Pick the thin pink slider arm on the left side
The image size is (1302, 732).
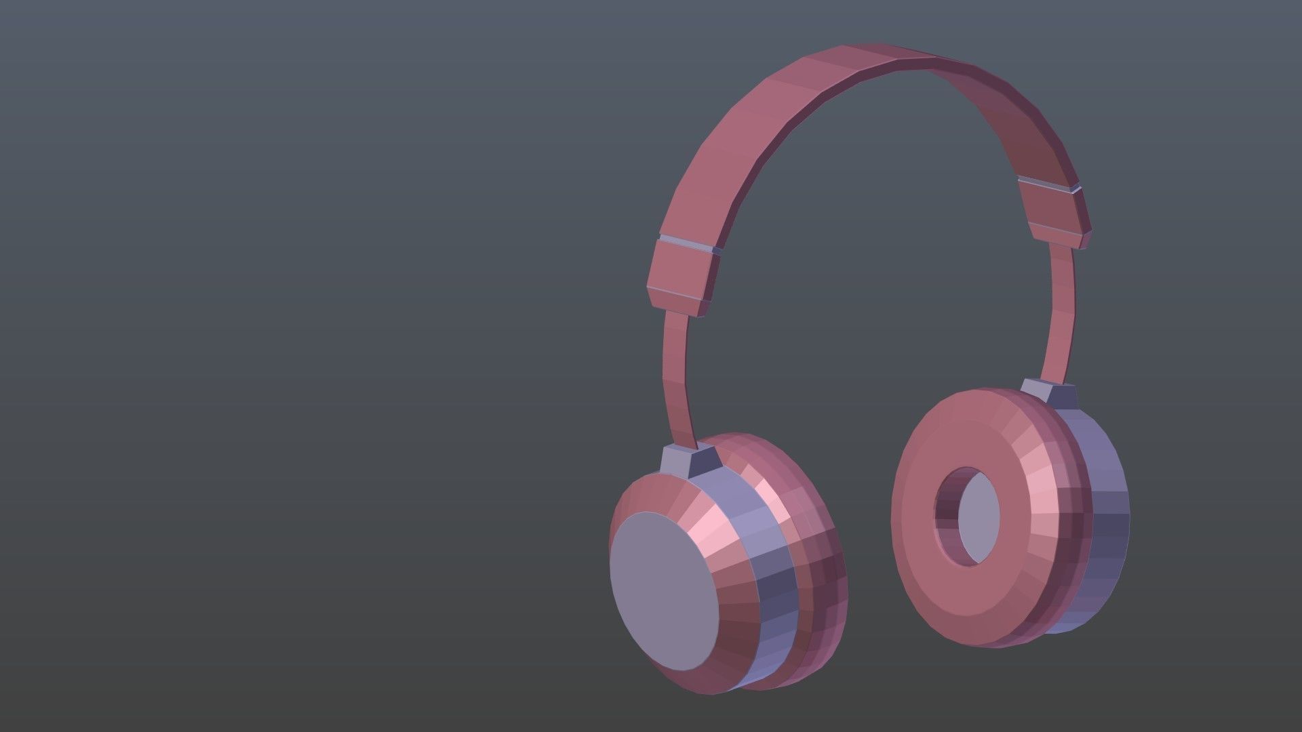click(x=678, y=380)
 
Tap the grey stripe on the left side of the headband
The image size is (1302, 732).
click(x=688, y=244)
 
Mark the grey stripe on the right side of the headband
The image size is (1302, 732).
click(x=1048, y=184)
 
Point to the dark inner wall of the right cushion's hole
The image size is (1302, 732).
click(x=946, y=515)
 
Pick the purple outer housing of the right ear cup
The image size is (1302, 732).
click(x=1105, y=522)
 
